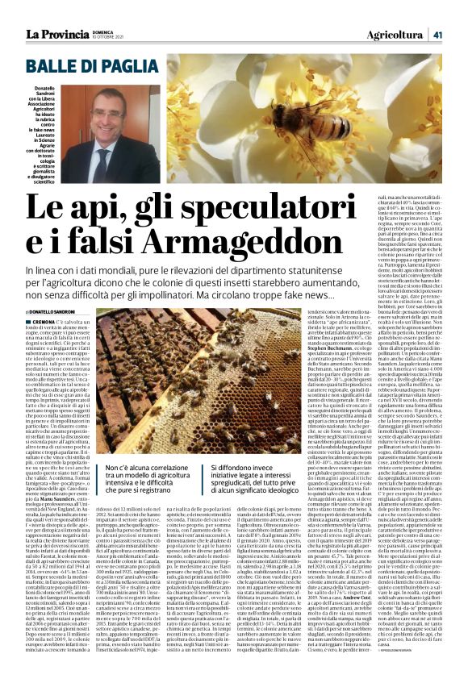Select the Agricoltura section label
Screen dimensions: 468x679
click(396, 13)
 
